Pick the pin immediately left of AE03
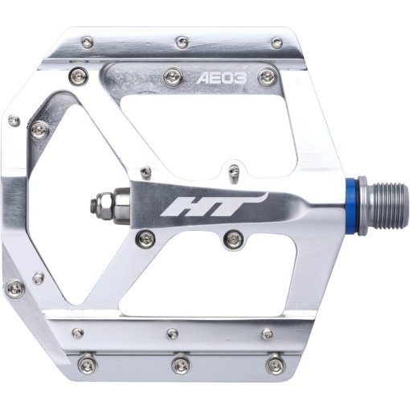coord(170,76)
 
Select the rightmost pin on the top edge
coord(277,43)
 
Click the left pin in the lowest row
coord(80,364)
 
